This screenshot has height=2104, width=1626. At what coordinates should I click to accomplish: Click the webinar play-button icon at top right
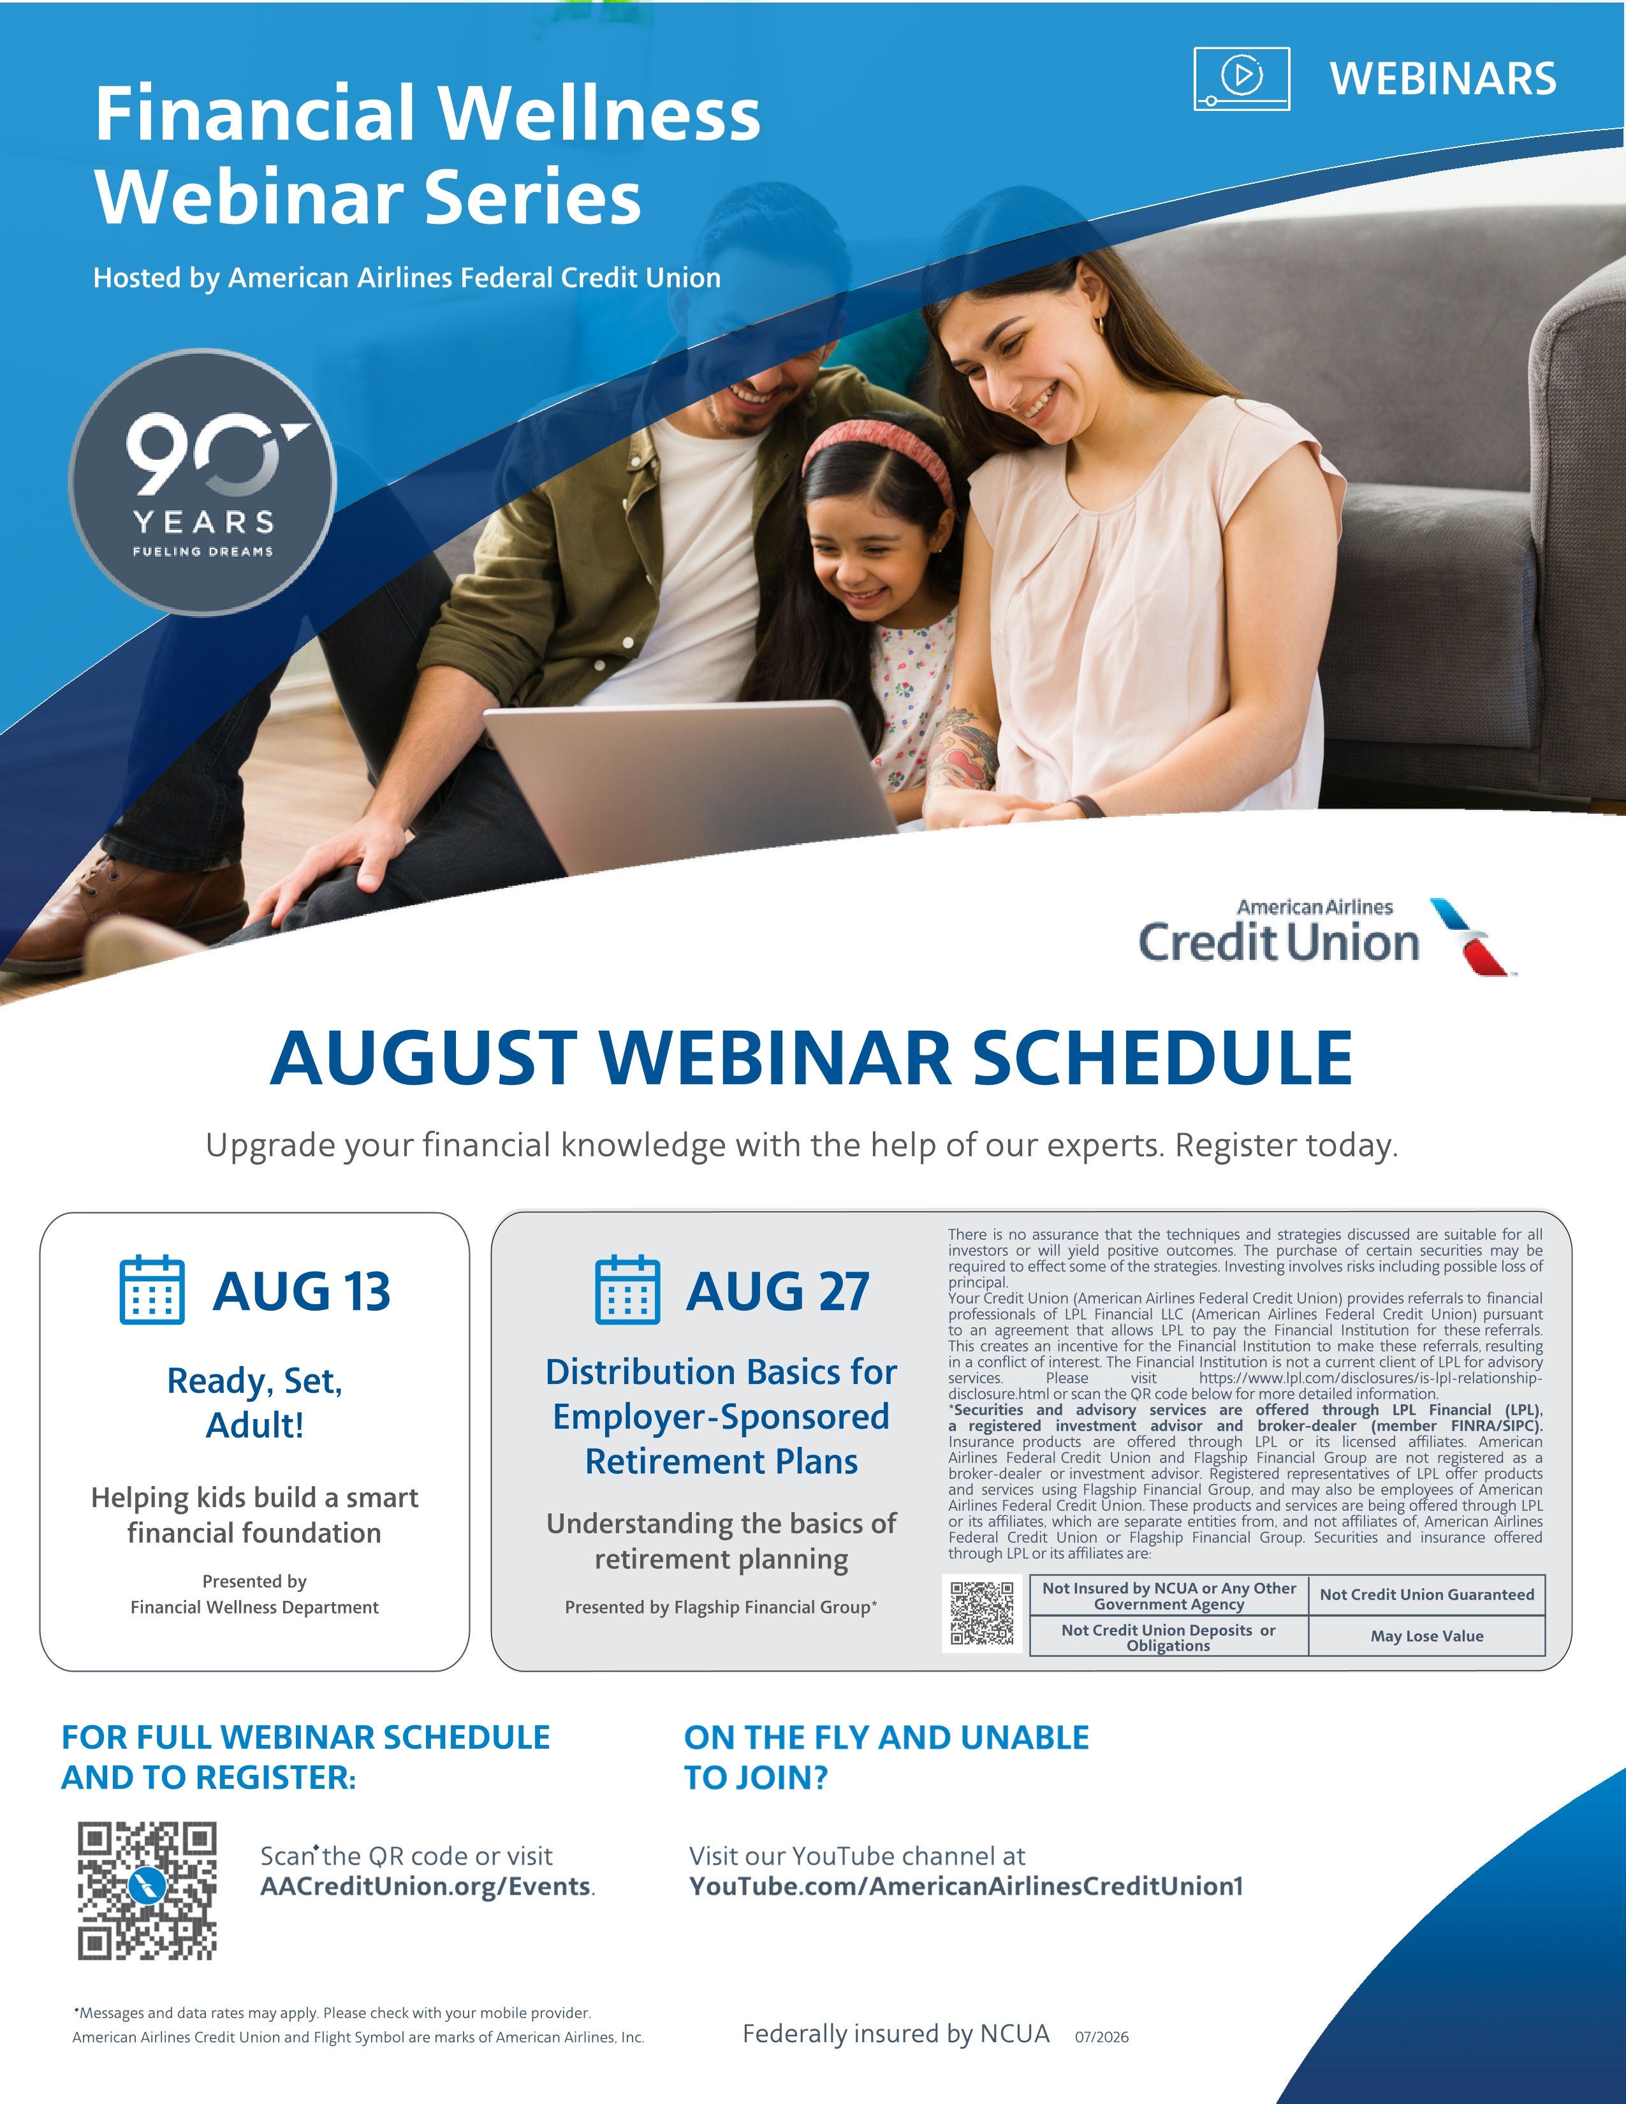coord(1241,78)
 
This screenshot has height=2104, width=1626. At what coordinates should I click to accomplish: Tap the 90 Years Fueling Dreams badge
coord(202,482)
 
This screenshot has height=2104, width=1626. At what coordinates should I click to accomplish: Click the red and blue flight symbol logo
coord(1471,936)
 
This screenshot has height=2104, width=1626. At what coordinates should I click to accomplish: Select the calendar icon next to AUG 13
coord(152,1290)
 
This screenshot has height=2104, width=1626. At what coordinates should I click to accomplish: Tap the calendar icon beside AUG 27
coord(628,1290)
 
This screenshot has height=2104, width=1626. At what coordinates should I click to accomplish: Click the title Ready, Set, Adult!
coord(254,1402)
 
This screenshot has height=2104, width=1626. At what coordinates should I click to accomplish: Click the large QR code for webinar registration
coord(147,1891)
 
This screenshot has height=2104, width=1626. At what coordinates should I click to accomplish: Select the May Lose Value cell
coord(1426,1636)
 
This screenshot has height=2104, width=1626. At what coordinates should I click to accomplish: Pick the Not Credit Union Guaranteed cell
coord(1426,1594)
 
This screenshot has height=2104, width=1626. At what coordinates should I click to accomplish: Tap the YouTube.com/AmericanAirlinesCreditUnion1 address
coord(966,1887)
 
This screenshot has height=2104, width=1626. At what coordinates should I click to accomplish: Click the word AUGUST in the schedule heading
coord(424,1058)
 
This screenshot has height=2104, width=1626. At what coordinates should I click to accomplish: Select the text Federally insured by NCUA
coord(896,2034)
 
